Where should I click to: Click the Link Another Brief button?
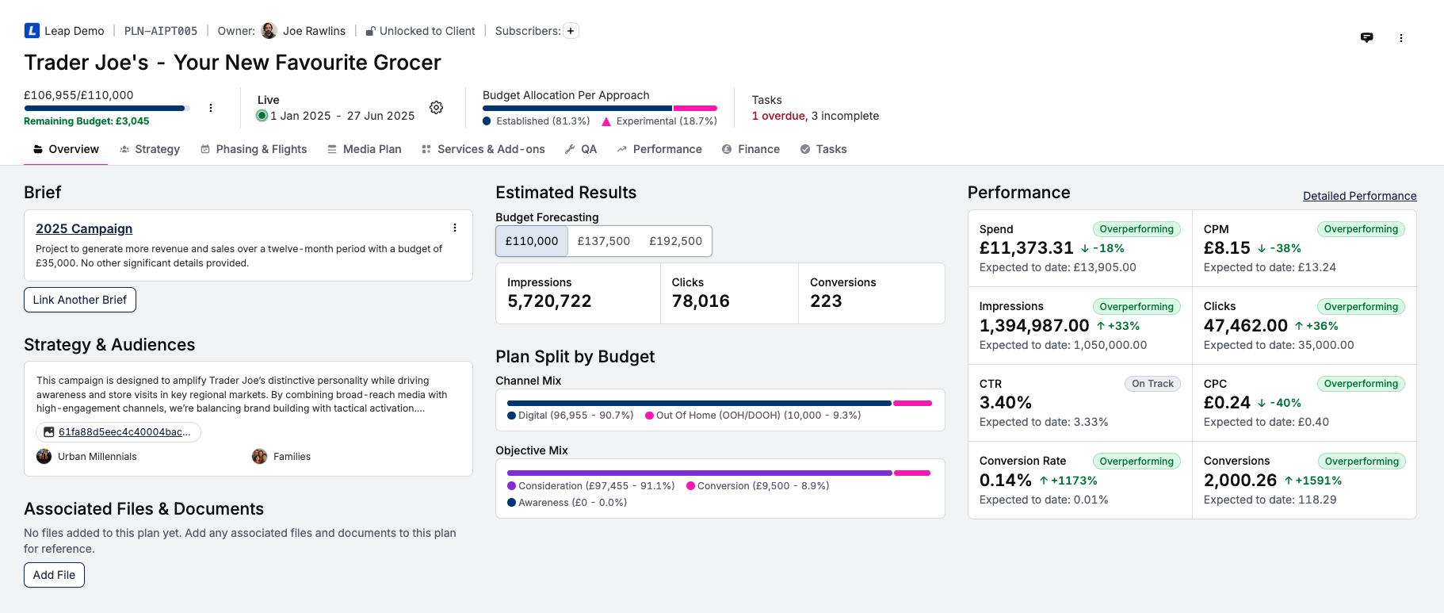[x=80, y=300]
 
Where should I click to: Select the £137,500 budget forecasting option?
[x=603, y=241]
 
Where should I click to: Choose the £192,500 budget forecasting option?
[x=675, y=241]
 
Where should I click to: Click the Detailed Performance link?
[x=1359, y=196]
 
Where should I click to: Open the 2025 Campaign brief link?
[x=84, y=228]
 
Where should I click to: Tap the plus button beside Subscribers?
[x=571, y=31]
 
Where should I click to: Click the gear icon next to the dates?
[x=436, y=108]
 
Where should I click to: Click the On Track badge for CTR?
[x=1152, y=384]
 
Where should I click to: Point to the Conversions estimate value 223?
[x=826, y=301]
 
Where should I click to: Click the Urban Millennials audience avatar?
[x=44, y=456]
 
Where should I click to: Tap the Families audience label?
[x=292, y=457]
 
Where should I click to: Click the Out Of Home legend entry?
[x=753, y=416]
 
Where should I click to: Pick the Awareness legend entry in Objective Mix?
[x=567, y=503]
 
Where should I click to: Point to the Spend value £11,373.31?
[x=1026, y=248]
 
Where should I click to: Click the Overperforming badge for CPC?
[x=1361, y=384]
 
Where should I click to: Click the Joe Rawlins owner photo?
[x=269, y=31]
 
